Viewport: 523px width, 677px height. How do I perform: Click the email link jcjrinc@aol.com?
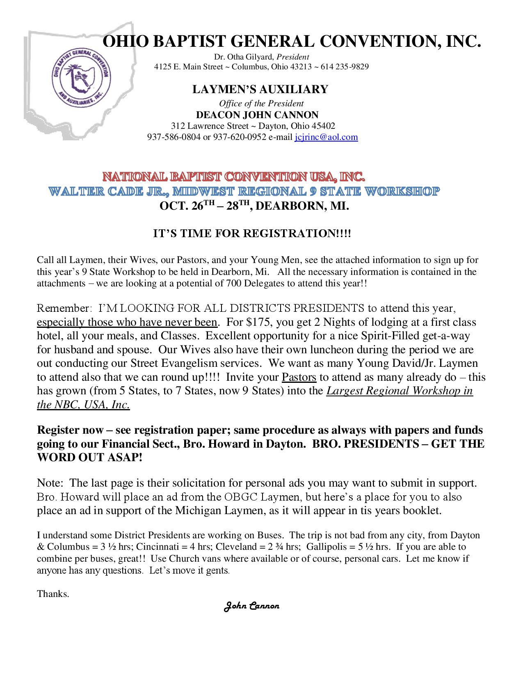326,137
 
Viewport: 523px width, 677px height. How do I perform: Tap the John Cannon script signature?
251,606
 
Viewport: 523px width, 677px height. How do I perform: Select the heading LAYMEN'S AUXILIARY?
260,89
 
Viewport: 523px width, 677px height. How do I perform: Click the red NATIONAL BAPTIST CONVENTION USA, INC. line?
233,178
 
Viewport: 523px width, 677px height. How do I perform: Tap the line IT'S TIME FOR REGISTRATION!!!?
252,234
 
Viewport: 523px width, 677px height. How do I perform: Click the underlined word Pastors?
299,377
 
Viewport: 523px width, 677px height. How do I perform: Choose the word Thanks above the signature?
53,593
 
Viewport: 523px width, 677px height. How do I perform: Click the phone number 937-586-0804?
174,137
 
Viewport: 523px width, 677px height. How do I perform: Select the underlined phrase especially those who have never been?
127,322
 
